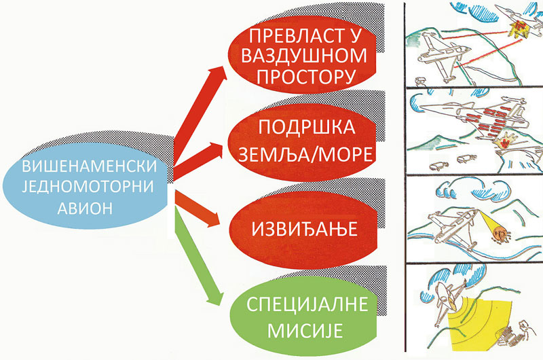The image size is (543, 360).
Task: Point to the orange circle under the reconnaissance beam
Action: click(x=501, y=235)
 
